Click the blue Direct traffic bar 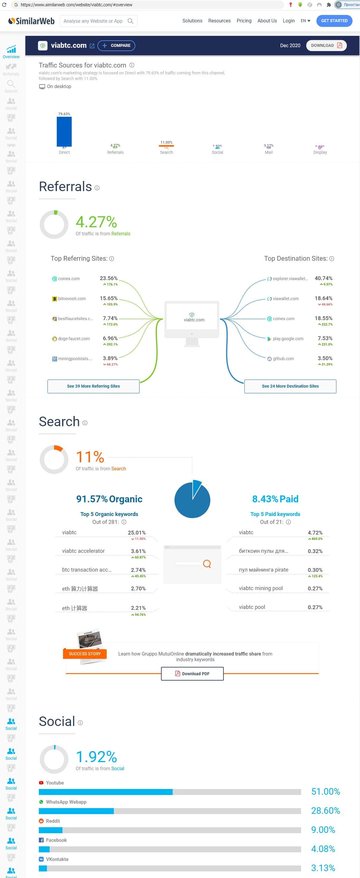[64, 132]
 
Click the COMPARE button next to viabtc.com [116, 46]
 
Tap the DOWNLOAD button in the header [326, 46]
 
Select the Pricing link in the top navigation [244, 21]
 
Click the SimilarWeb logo [31, 21]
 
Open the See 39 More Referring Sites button [93, 386]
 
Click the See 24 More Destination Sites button [290, 386]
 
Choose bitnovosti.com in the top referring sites [72, 299]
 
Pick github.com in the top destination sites [283, 359]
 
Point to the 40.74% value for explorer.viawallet [323, 278]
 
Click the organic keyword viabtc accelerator [83, 551]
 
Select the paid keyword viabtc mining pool [261, 588]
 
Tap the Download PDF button [192, 673]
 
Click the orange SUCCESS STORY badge [85, 654]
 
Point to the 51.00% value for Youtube [325, 791]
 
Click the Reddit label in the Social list [53, 821]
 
